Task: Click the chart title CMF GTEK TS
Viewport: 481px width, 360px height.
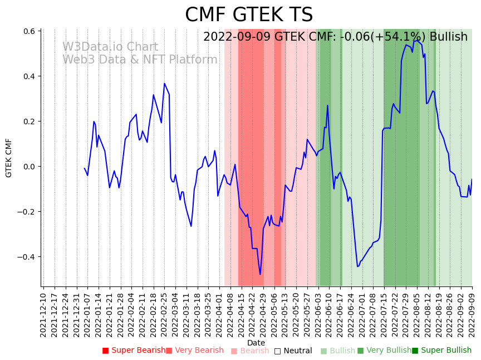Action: point(249,15)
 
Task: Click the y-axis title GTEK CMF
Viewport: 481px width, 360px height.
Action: point(9,158)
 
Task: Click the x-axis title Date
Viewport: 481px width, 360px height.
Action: point(256,343)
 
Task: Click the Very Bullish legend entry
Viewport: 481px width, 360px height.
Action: point(384,351)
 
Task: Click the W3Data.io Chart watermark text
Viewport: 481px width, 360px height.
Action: point(110,47)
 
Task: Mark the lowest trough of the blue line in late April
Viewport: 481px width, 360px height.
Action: point(260,274)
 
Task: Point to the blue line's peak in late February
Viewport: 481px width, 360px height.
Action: point(164,84)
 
